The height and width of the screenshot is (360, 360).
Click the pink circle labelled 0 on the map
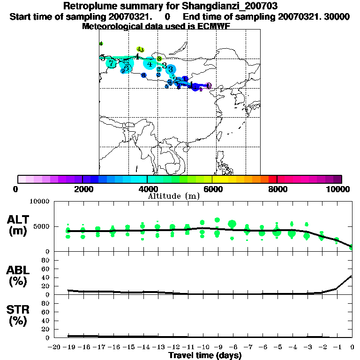click(x=209, y=86)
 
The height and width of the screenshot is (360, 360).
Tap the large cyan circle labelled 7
click(x=111, y=63)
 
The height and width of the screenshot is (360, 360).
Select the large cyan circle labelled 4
click(x=150, y=64)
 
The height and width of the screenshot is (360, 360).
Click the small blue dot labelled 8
click(x=143, y=75)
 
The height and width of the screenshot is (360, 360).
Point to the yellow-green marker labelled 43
click(x=140, y=49)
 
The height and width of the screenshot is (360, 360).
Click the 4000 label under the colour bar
click(x=147, y=189)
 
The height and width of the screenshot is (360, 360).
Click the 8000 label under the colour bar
click(x=277, y=189)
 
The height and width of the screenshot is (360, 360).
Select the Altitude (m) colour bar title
click(x=173, y=196)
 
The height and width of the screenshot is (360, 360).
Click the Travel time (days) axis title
click(x=205, y=356)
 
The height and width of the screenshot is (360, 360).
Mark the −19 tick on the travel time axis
click(x=68, y=347)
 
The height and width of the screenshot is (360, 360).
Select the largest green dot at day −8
click(x=232, y=224)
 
